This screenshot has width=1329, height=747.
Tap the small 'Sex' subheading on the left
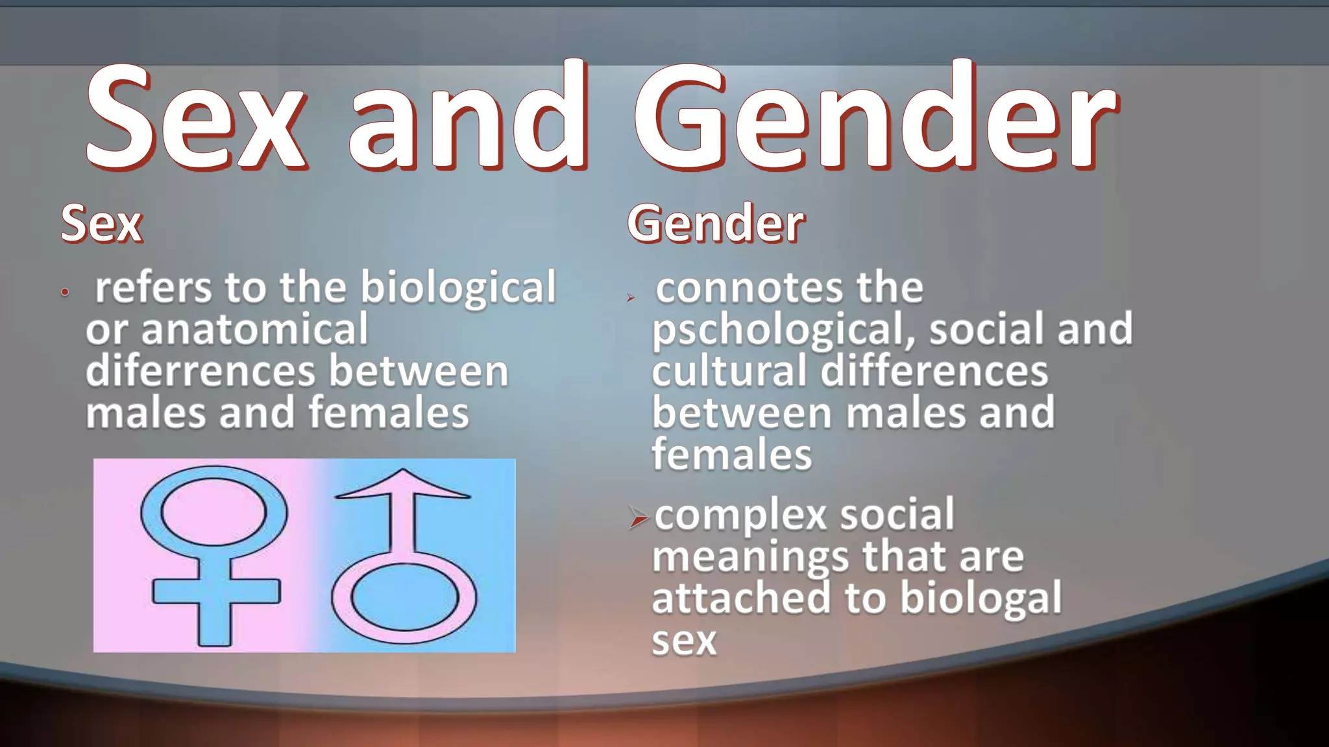101,224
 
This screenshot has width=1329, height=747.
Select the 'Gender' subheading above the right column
716,224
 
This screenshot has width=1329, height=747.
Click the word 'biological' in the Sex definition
458,287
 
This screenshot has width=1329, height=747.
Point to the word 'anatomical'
254,329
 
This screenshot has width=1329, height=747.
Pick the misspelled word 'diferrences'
200,371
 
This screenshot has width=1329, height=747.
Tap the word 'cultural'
729,371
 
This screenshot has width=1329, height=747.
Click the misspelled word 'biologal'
981,599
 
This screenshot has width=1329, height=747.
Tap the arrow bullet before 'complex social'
639,517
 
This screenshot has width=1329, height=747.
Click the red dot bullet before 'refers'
64,292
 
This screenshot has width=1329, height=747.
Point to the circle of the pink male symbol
404,599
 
